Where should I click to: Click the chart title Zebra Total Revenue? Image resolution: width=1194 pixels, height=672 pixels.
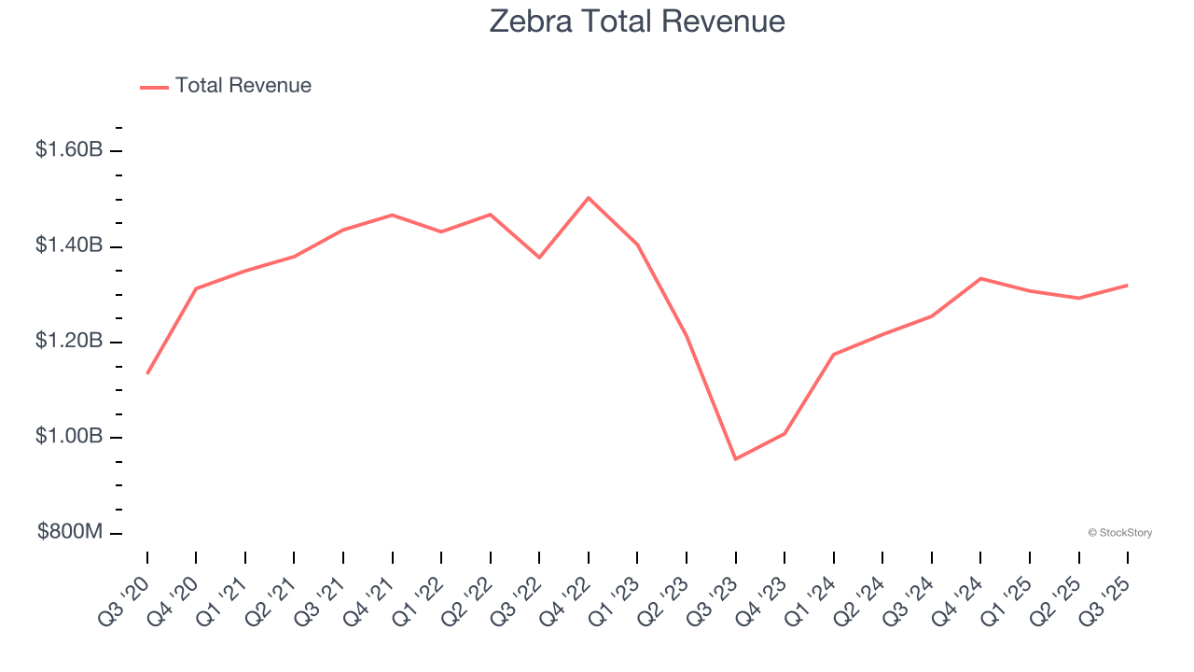637,21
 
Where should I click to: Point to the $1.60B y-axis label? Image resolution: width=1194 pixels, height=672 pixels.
69,149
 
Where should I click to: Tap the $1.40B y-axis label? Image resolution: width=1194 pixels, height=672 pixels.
69,245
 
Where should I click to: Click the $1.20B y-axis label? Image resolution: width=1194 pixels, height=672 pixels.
69,342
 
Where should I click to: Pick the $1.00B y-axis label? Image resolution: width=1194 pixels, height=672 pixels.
69,437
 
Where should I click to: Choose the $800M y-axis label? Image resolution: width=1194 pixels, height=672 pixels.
70,532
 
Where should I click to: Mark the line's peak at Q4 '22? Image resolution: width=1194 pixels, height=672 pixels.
589,198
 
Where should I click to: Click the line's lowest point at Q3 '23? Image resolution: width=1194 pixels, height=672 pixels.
735,459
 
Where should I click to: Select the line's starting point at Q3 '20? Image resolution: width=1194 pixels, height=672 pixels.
147,373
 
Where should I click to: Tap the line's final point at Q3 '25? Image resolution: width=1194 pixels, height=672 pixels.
1127,285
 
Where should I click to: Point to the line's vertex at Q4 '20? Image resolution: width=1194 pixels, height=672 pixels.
196,288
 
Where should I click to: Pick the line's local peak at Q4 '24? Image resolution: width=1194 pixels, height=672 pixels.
980,278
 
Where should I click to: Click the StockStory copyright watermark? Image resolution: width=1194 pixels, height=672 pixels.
1119,533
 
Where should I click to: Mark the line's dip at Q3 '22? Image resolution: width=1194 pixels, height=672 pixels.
539,258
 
